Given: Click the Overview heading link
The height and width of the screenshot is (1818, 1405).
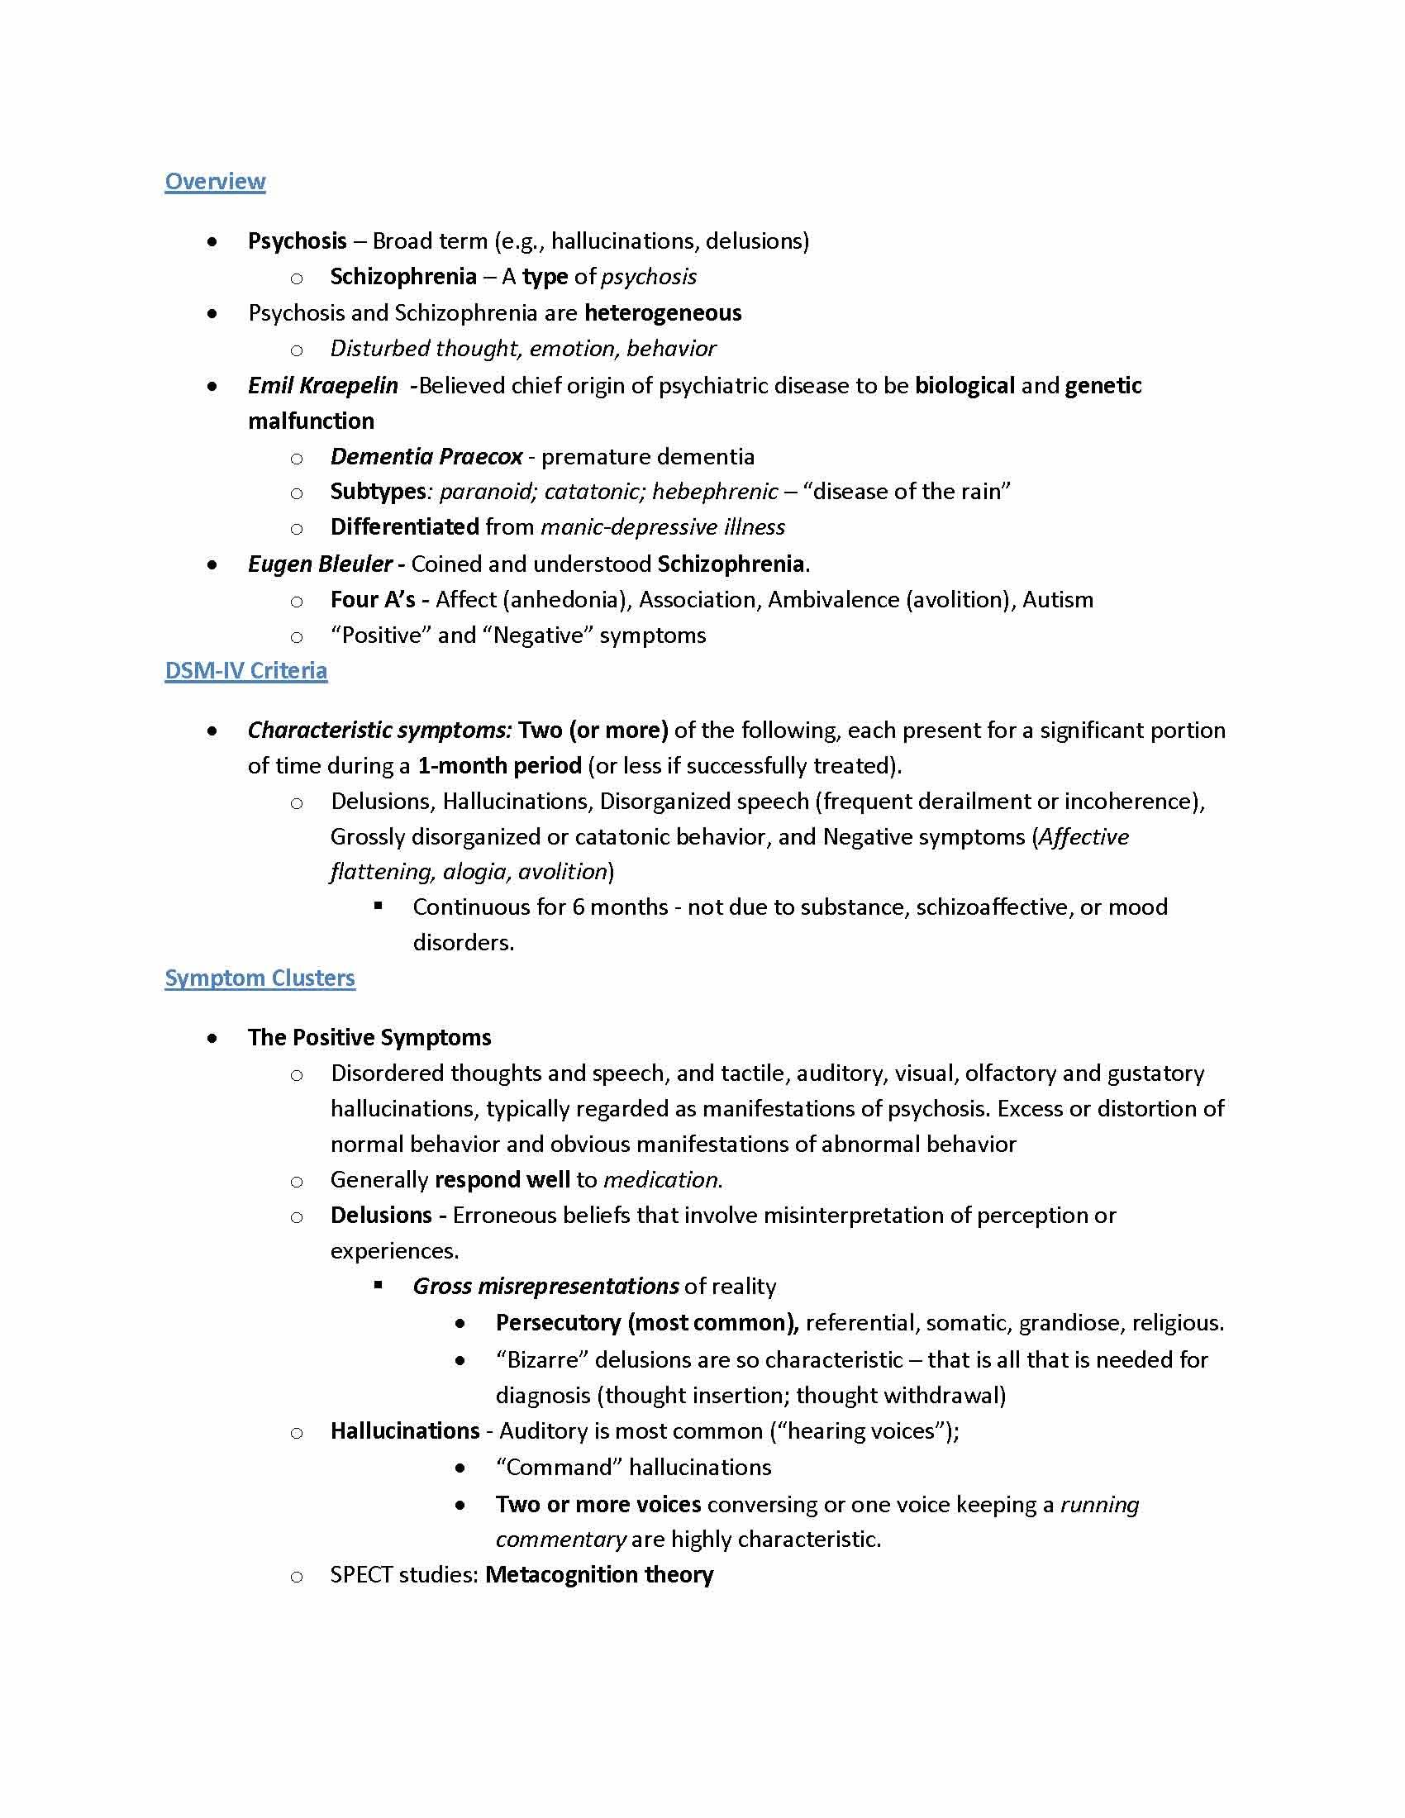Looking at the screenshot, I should point(215,182).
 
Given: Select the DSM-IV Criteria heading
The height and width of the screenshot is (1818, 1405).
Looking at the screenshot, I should point(245,671).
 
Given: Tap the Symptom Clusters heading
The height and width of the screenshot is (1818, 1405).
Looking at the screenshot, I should point(260,978).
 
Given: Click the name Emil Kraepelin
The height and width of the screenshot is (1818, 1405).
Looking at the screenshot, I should point(323,386).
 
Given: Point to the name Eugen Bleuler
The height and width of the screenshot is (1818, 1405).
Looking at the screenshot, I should point(320,564).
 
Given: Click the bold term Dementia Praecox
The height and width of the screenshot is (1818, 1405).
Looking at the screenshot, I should point(426,457).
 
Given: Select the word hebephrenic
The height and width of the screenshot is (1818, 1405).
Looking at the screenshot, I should point(714,492).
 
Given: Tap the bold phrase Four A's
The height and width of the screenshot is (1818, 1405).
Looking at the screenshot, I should point(372,600).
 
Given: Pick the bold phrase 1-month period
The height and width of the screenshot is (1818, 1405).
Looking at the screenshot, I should point(499,766).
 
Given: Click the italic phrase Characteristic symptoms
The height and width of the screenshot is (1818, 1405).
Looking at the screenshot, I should point(379,731).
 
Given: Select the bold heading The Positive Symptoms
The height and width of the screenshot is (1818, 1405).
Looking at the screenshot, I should point(369,1038).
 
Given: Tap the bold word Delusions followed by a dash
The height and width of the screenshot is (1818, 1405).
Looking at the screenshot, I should point(380,1216).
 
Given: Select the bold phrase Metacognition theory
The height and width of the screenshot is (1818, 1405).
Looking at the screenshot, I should point(599,1575).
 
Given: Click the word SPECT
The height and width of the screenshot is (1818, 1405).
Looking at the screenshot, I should point(362,1575).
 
